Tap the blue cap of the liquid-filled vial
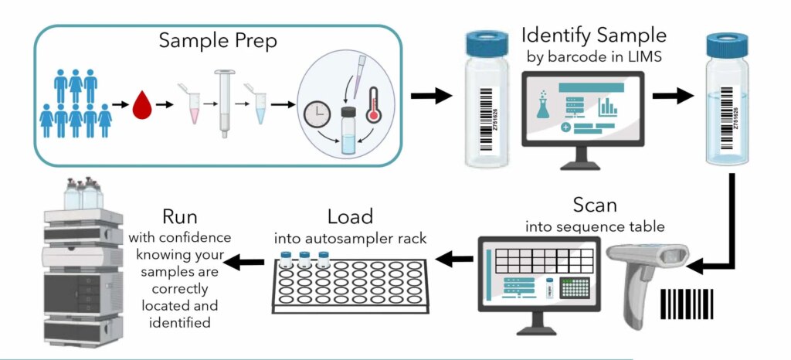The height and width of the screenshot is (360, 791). pos(728,43)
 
